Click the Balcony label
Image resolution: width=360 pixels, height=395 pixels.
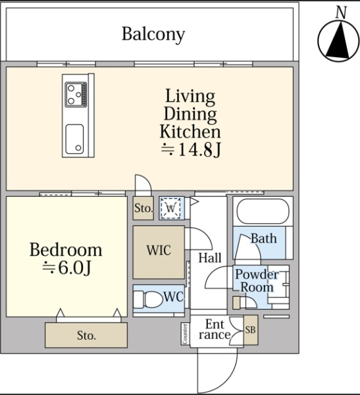coord(153,34)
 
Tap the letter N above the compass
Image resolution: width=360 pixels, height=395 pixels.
coord(341,13)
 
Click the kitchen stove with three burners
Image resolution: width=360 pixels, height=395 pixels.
coord(76,94)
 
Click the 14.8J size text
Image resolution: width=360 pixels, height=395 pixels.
coord(191,150)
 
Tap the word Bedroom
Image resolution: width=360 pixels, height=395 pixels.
coord(66,250)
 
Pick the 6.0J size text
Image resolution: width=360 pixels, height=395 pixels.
coord(66,268)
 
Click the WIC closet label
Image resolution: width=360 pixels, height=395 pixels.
coord(159,250)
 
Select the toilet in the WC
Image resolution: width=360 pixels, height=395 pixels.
coord(149,300)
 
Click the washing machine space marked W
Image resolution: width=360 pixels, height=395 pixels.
coord(171,208)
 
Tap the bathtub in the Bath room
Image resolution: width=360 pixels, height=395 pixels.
coord(263,211)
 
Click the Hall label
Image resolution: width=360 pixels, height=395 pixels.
coord(210,257)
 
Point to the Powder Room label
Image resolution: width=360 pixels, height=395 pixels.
coord(257,280)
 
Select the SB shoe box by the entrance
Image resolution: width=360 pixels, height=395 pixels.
coord(251,330)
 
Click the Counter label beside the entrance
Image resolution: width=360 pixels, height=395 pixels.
coord(185,334)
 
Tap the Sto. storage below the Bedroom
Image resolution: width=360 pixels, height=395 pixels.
coord(86,335)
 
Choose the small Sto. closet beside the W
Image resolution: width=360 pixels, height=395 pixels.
coord(143,208)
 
